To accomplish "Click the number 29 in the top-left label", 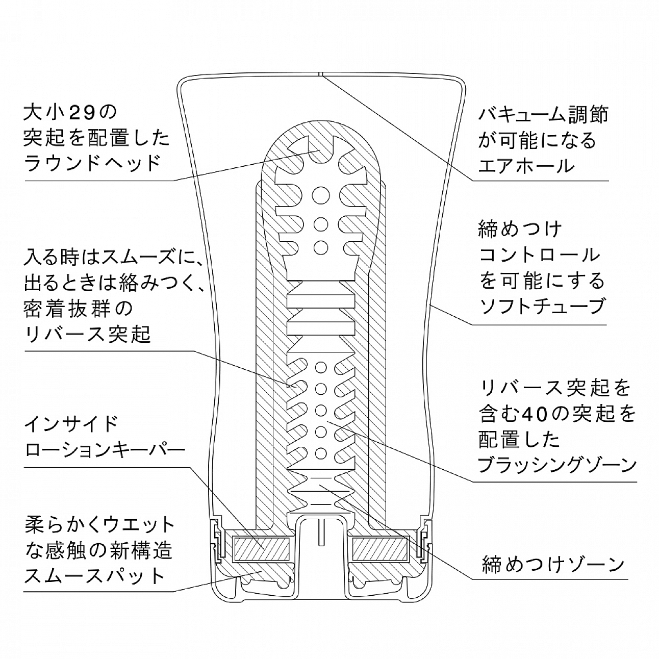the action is click(x=82, y=114).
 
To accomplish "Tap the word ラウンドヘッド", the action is click(x=92, y=163).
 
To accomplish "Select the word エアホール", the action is click(x=526, y=166).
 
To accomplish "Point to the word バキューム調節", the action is click(x=543, y=114).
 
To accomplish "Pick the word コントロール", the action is click(x=539, y=255).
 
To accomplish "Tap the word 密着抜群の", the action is click(x=79, y=309).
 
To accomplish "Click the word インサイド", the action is click(x=71, y=424).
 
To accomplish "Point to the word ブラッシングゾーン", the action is click(x=557, y=465).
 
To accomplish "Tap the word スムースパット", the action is click(x=95, y=576).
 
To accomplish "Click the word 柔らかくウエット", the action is click(x=99, y=526).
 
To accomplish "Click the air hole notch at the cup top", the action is click(x=320, y=73).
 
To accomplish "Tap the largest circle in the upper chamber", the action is click(x=321, y=196).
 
